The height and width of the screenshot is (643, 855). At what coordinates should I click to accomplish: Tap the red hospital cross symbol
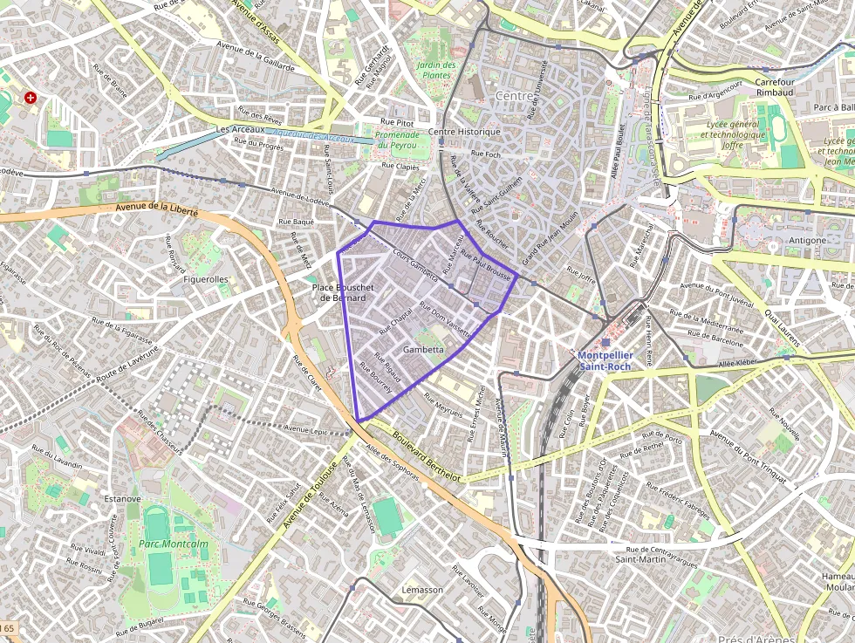click(x=31, y=98)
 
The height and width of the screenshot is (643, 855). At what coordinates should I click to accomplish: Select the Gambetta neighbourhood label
click(x=423, y=350)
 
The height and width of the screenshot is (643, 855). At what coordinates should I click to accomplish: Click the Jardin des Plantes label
click(x=436, y=70)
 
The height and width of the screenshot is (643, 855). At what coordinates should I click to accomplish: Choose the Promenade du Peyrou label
click(x=403, y=140)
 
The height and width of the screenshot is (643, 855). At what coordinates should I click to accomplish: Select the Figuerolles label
click(x=206, y=279)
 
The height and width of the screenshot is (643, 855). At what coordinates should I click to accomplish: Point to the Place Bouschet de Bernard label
click(x=343, y=292)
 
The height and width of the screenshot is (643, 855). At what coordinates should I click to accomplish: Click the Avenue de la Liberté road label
click(x=157, y=210)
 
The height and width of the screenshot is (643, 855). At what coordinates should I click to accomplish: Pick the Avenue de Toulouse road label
click(x=310, y=494)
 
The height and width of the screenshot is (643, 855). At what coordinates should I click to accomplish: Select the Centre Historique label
click(x=465, y=132)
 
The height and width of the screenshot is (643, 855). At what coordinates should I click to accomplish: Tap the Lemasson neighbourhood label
click(x=422, y=590)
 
